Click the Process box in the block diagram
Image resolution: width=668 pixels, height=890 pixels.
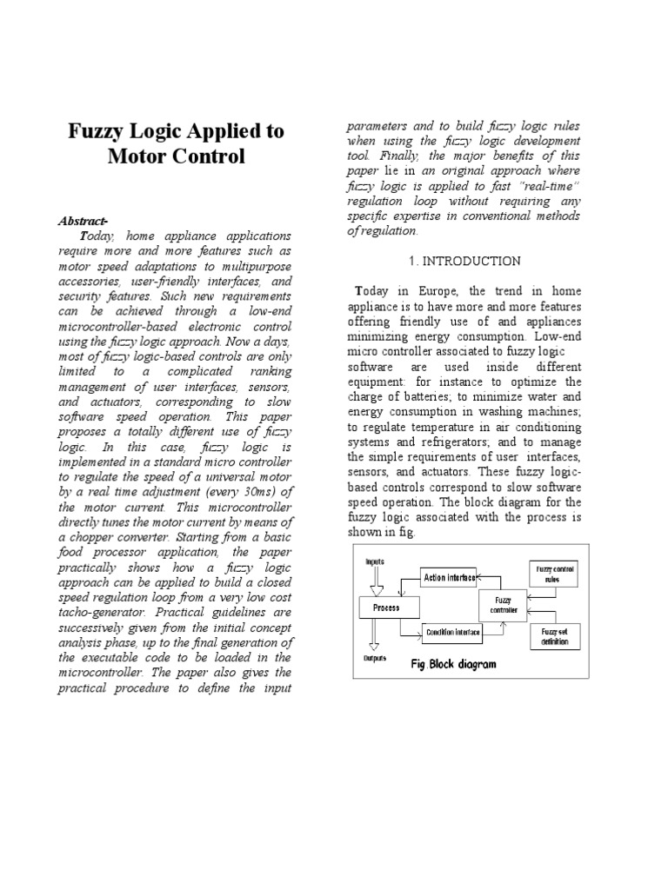point(386,608)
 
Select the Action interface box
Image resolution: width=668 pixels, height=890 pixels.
point(449,577)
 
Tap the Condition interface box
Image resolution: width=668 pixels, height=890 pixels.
point(452,633)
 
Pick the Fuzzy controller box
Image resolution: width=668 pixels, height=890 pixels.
point(503,604)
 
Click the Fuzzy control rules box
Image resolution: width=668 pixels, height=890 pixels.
point(554,573)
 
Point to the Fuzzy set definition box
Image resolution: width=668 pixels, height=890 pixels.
point(554,636)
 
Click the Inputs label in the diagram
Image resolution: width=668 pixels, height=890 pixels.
point(376,561)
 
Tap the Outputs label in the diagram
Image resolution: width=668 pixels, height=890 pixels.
point(375,659)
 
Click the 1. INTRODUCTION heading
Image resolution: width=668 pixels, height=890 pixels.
point(464,261)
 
